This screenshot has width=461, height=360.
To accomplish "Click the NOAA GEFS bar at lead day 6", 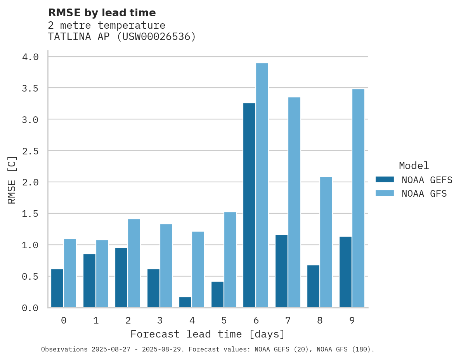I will click(x=249, y=205).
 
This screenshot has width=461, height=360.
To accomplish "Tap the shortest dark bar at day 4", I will click(x=185, y=302).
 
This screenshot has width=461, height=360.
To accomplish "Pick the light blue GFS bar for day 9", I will click(x=358, y=198).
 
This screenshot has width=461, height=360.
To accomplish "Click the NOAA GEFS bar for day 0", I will click(x=57, y=288).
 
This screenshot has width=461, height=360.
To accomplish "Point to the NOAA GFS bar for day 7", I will click(x=294, y=202).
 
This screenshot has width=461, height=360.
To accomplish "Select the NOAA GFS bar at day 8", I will click(x=326, y=242).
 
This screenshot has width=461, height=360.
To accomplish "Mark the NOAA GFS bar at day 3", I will click(x=166, y=266).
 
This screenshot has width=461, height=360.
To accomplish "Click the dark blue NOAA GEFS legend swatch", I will click(x=385, y=180).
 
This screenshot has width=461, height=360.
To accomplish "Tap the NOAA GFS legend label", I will click(x=424, y=194).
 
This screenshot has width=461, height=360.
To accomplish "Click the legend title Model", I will click(x=414, y=166).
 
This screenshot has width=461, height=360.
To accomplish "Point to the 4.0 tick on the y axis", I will click(x=30, y=57).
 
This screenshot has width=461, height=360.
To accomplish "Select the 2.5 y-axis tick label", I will click(x=30, y=151).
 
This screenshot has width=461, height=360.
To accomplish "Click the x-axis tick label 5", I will click(x=224, y=320).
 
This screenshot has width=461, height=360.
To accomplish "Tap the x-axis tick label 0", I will click(x=64, y=320).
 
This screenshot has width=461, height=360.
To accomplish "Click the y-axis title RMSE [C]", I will click(x=12, y=180).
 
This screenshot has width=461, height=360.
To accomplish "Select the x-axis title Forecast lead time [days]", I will click(x=208, y=334).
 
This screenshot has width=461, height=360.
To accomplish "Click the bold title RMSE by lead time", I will click(x=102, y=13).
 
